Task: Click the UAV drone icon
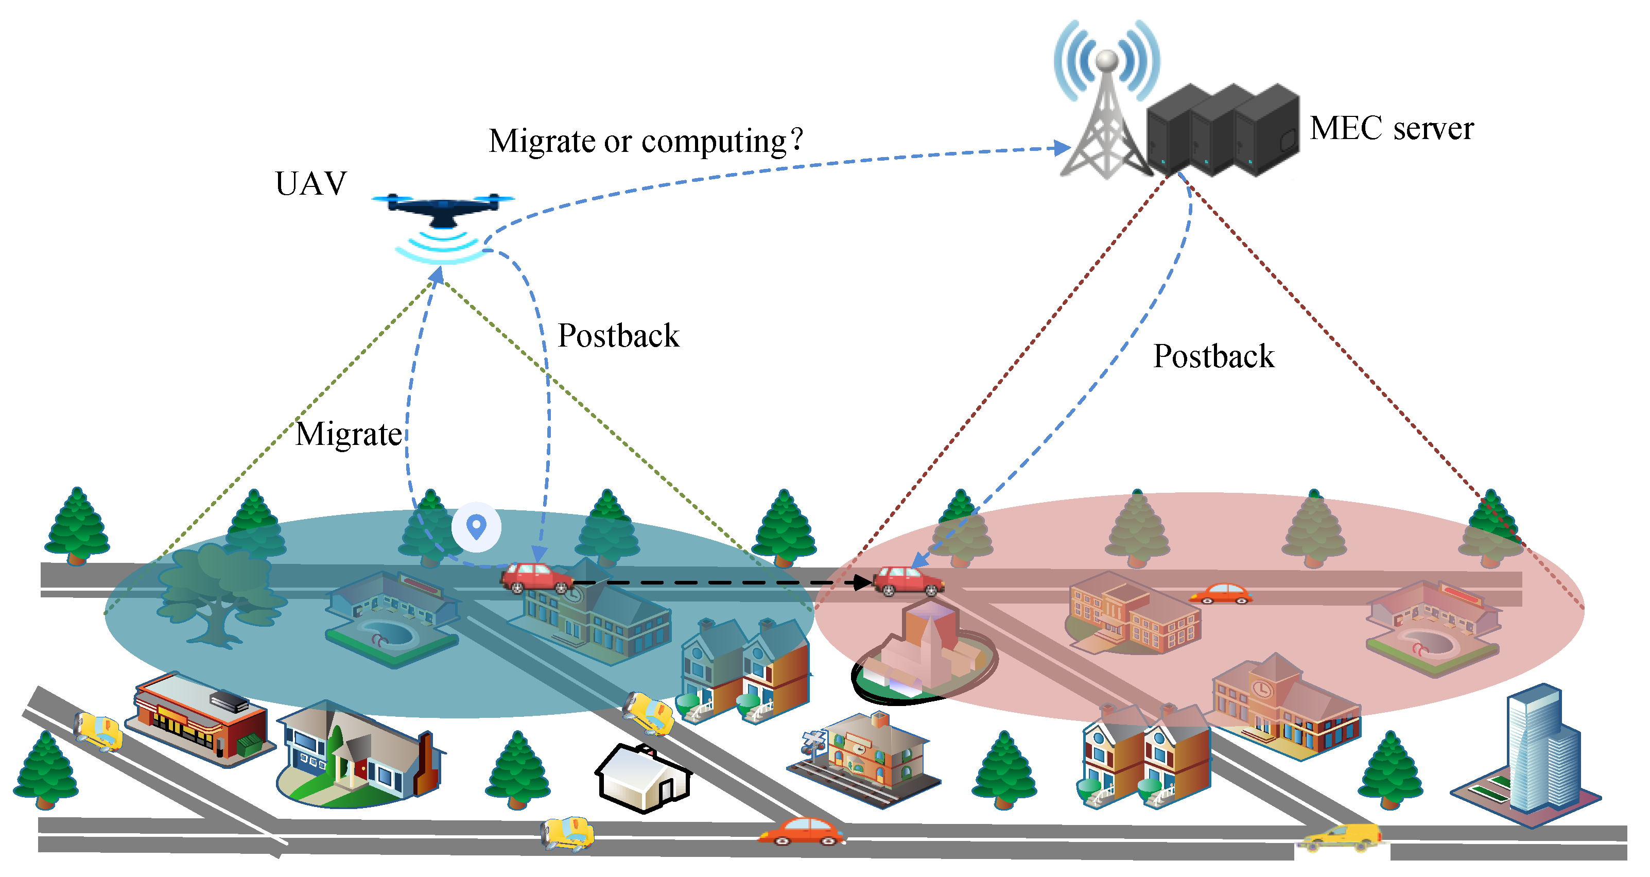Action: tap(442, 208)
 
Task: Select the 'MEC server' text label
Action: tap(1391, 128)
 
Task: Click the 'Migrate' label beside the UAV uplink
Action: tap(349, 434)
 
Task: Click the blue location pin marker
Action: tap(476, 527)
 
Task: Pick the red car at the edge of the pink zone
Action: tap(908, 581)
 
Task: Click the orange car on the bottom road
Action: tap(801, 832)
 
